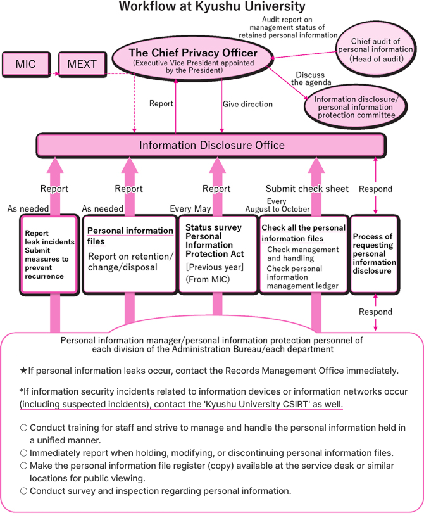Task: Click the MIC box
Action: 26,64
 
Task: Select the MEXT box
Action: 82,64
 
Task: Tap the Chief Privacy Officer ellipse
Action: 193,59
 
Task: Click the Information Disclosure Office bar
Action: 211,146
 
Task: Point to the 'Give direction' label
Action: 247,104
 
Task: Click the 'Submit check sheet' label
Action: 307,188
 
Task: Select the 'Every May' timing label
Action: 190,208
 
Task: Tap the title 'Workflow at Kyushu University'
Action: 212,7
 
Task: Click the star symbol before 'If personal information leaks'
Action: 23,371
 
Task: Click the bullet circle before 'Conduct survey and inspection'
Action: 23,490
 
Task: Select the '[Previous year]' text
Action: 215,267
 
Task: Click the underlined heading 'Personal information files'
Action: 130,236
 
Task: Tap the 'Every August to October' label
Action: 277,205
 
